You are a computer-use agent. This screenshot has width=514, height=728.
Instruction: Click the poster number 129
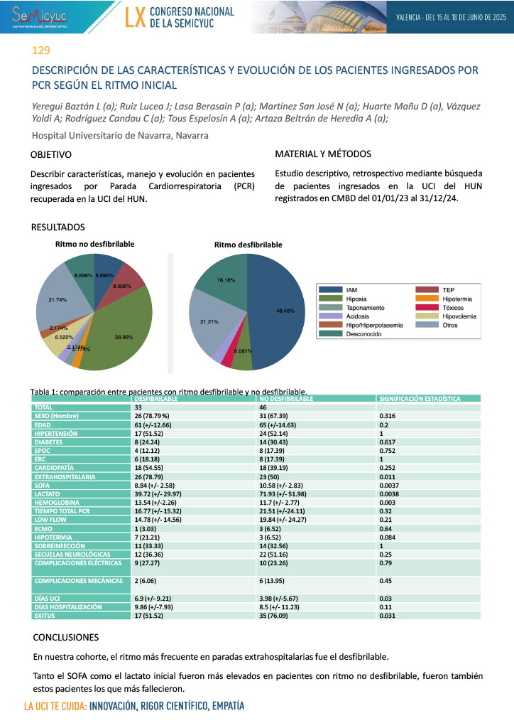(x=41, y=50)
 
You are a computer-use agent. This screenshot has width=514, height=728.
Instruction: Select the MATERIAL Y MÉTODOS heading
(x=322, y=154)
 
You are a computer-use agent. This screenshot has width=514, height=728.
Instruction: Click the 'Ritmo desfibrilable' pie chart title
(x=248, y=245)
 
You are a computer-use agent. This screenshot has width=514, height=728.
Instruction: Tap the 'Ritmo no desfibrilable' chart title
(x=95, y=244)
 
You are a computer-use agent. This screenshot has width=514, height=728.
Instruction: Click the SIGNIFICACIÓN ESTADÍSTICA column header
(x=419, y=400)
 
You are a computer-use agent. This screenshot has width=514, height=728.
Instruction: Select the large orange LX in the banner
(x=135, y=18)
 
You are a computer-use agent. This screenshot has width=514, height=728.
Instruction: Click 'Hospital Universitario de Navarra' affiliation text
(x=120, y=135)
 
